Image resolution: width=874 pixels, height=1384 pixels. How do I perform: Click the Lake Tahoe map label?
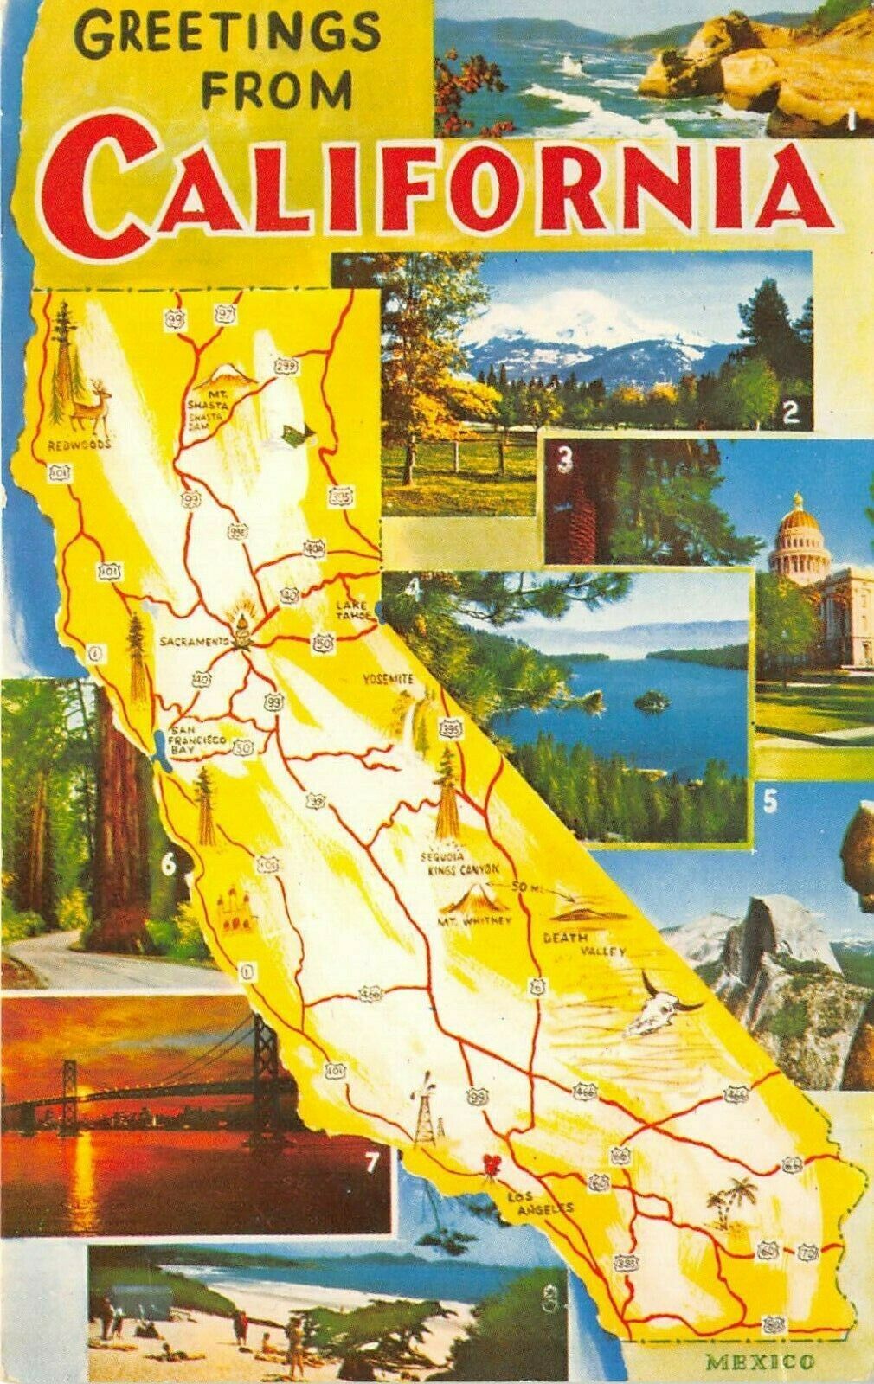(353, 611)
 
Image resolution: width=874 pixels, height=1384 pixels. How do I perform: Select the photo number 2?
(788, 412)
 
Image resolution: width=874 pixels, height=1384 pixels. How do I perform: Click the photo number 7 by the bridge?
(371, 1163)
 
